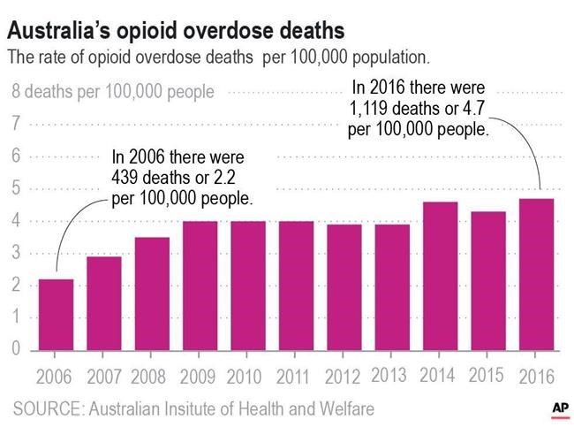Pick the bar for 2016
click(536, 273)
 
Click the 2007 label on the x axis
click(103, 376)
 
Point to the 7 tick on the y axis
click(16, 123)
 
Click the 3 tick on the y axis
click(16, 253)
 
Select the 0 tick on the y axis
click(16, 349)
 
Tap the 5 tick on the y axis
click(16, 188)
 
